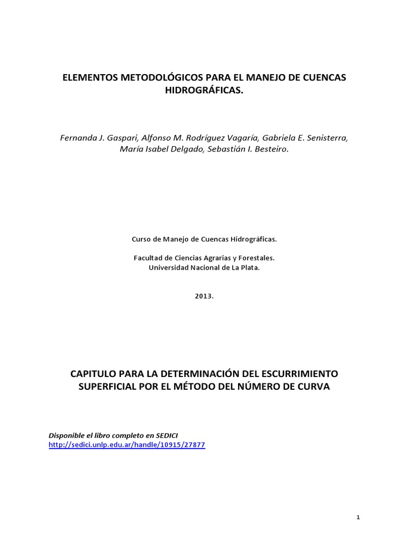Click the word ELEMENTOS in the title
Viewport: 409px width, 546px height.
point(88,78)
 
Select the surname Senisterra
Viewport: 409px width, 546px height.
point(325,138)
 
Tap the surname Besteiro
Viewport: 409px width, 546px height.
point(269,149)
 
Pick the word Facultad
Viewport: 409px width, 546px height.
point(148,258)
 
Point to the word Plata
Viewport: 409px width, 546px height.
point(249,267)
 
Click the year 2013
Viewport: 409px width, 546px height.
point(203,296)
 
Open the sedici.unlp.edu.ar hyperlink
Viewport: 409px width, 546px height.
point(127,445)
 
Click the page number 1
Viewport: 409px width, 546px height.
point(358,517)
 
